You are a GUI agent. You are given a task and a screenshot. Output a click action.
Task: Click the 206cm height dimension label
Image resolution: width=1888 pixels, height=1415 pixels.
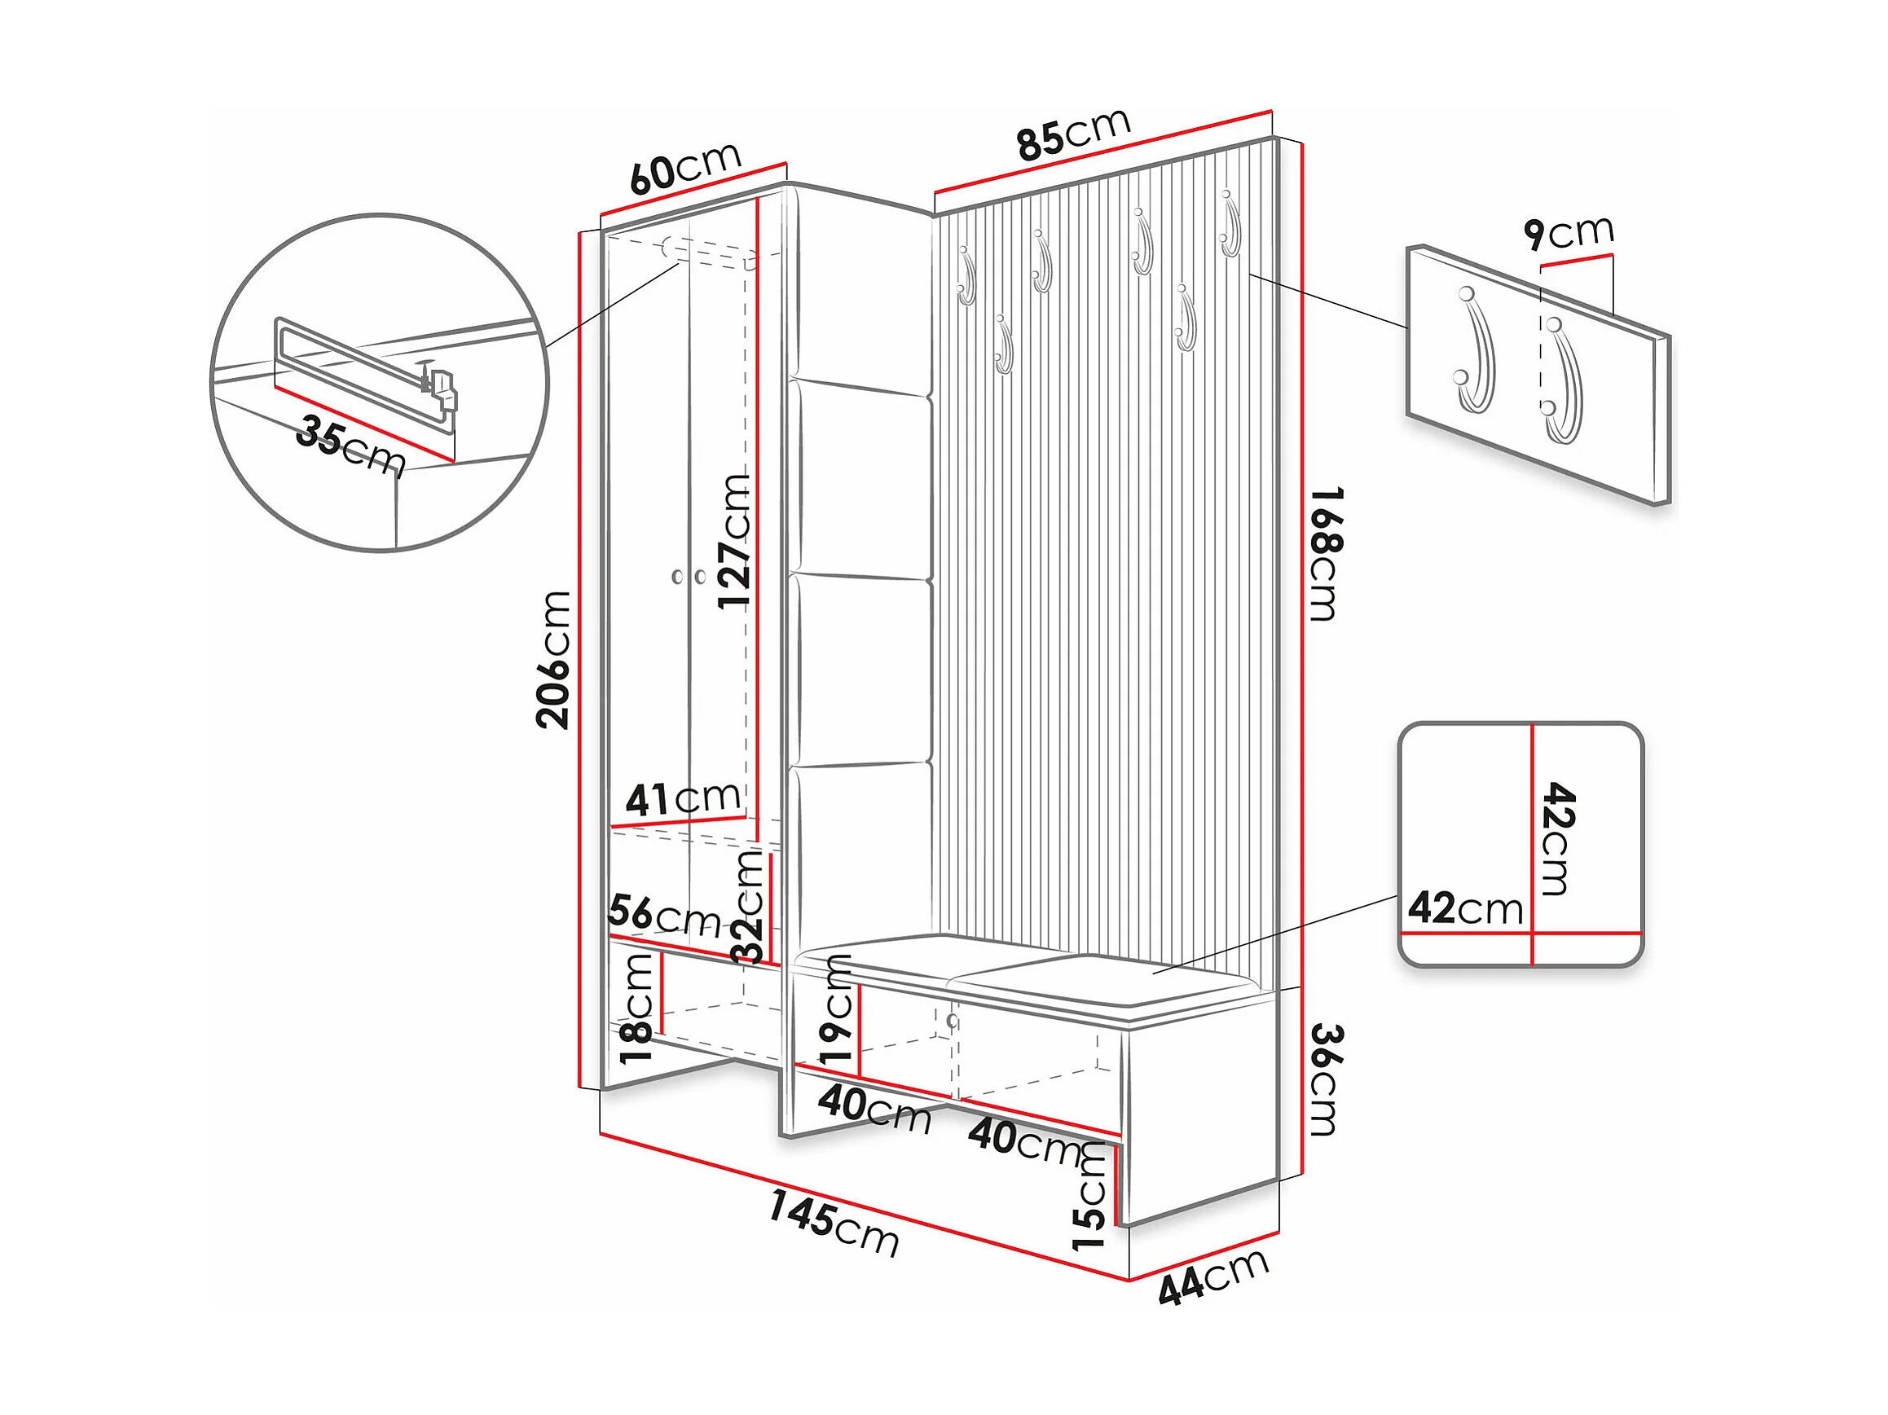[552, 659]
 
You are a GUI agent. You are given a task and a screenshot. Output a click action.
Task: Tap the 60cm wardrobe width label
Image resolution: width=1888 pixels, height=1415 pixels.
[685, 168]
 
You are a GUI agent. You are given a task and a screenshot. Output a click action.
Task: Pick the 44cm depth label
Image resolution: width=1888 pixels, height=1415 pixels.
[1212, 1277]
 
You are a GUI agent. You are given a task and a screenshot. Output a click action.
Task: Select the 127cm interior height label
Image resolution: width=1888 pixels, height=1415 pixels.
[734, 541]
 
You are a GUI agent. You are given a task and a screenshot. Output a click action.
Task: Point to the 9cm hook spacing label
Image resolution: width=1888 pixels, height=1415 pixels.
[1569, 232]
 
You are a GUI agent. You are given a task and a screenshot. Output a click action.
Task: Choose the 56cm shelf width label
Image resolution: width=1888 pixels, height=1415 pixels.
[664, 916]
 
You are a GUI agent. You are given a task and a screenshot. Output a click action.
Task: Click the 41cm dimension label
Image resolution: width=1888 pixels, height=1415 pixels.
[682, 799]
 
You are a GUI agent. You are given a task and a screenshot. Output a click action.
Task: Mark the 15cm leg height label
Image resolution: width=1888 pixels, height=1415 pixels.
[1090, 1197]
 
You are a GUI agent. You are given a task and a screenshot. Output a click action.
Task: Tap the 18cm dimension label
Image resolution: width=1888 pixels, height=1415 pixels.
[637, 1008]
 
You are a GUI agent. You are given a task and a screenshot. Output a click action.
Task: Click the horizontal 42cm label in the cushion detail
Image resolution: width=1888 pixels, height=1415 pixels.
[1464, 908]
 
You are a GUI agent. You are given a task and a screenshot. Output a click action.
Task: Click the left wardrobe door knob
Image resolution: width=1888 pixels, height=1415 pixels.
[678, 577]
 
